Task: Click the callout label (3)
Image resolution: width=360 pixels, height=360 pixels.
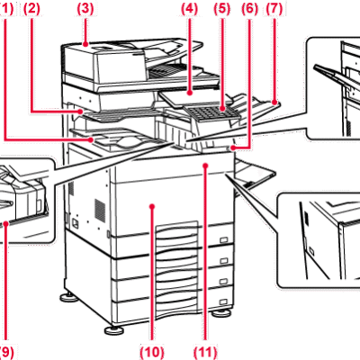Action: [x=85, y=8]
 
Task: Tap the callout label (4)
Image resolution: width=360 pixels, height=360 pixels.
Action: [x=189, y=8]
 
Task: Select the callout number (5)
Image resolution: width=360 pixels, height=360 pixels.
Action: [x=221, y=8]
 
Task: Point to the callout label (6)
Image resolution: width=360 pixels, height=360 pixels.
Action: [x=250, y=8]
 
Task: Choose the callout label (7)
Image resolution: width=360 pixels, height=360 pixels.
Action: [x=274, y=8]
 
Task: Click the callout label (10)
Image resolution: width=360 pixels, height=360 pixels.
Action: [x=152, y=353]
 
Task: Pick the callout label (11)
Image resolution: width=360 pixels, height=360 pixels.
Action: [x=205, y=353]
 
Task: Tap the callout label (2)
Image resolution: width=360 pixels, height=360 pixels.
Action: [x=31, y=8]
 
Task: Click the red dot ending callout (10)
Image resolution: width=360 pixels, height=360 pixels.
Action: [x=152, y=206]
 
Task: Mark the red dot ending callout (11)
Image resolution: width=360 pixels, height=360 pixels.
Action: [x=205, y=165]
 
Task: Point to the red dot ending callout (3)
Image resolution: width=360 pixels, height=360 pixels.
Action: [x=86, y=45]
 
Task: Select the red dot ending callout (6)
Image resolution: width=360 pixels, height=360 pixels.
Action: [x=232, y=148]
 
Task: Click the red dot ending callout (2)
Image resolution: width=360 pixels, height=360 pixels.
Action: [x=80, y=112]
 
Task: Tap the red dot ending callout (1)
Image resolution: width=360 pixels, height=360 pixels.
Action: [x=91, y=139]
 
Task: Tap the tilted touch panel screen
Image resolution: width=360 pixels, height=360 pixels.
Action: [x=192, y=97]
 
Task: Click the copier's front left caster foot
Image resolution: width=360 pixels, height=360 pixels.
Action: [x=114, y=330]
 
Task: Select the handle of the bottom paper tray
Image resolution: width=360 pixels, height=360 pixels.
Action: [x=223, y=301]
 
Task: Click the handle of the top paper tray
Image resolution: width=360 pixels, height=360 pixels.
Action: [x=223, y=239]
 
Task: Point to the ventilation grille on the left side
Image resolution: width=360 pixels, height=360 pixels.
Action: [x=100, y=209]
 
